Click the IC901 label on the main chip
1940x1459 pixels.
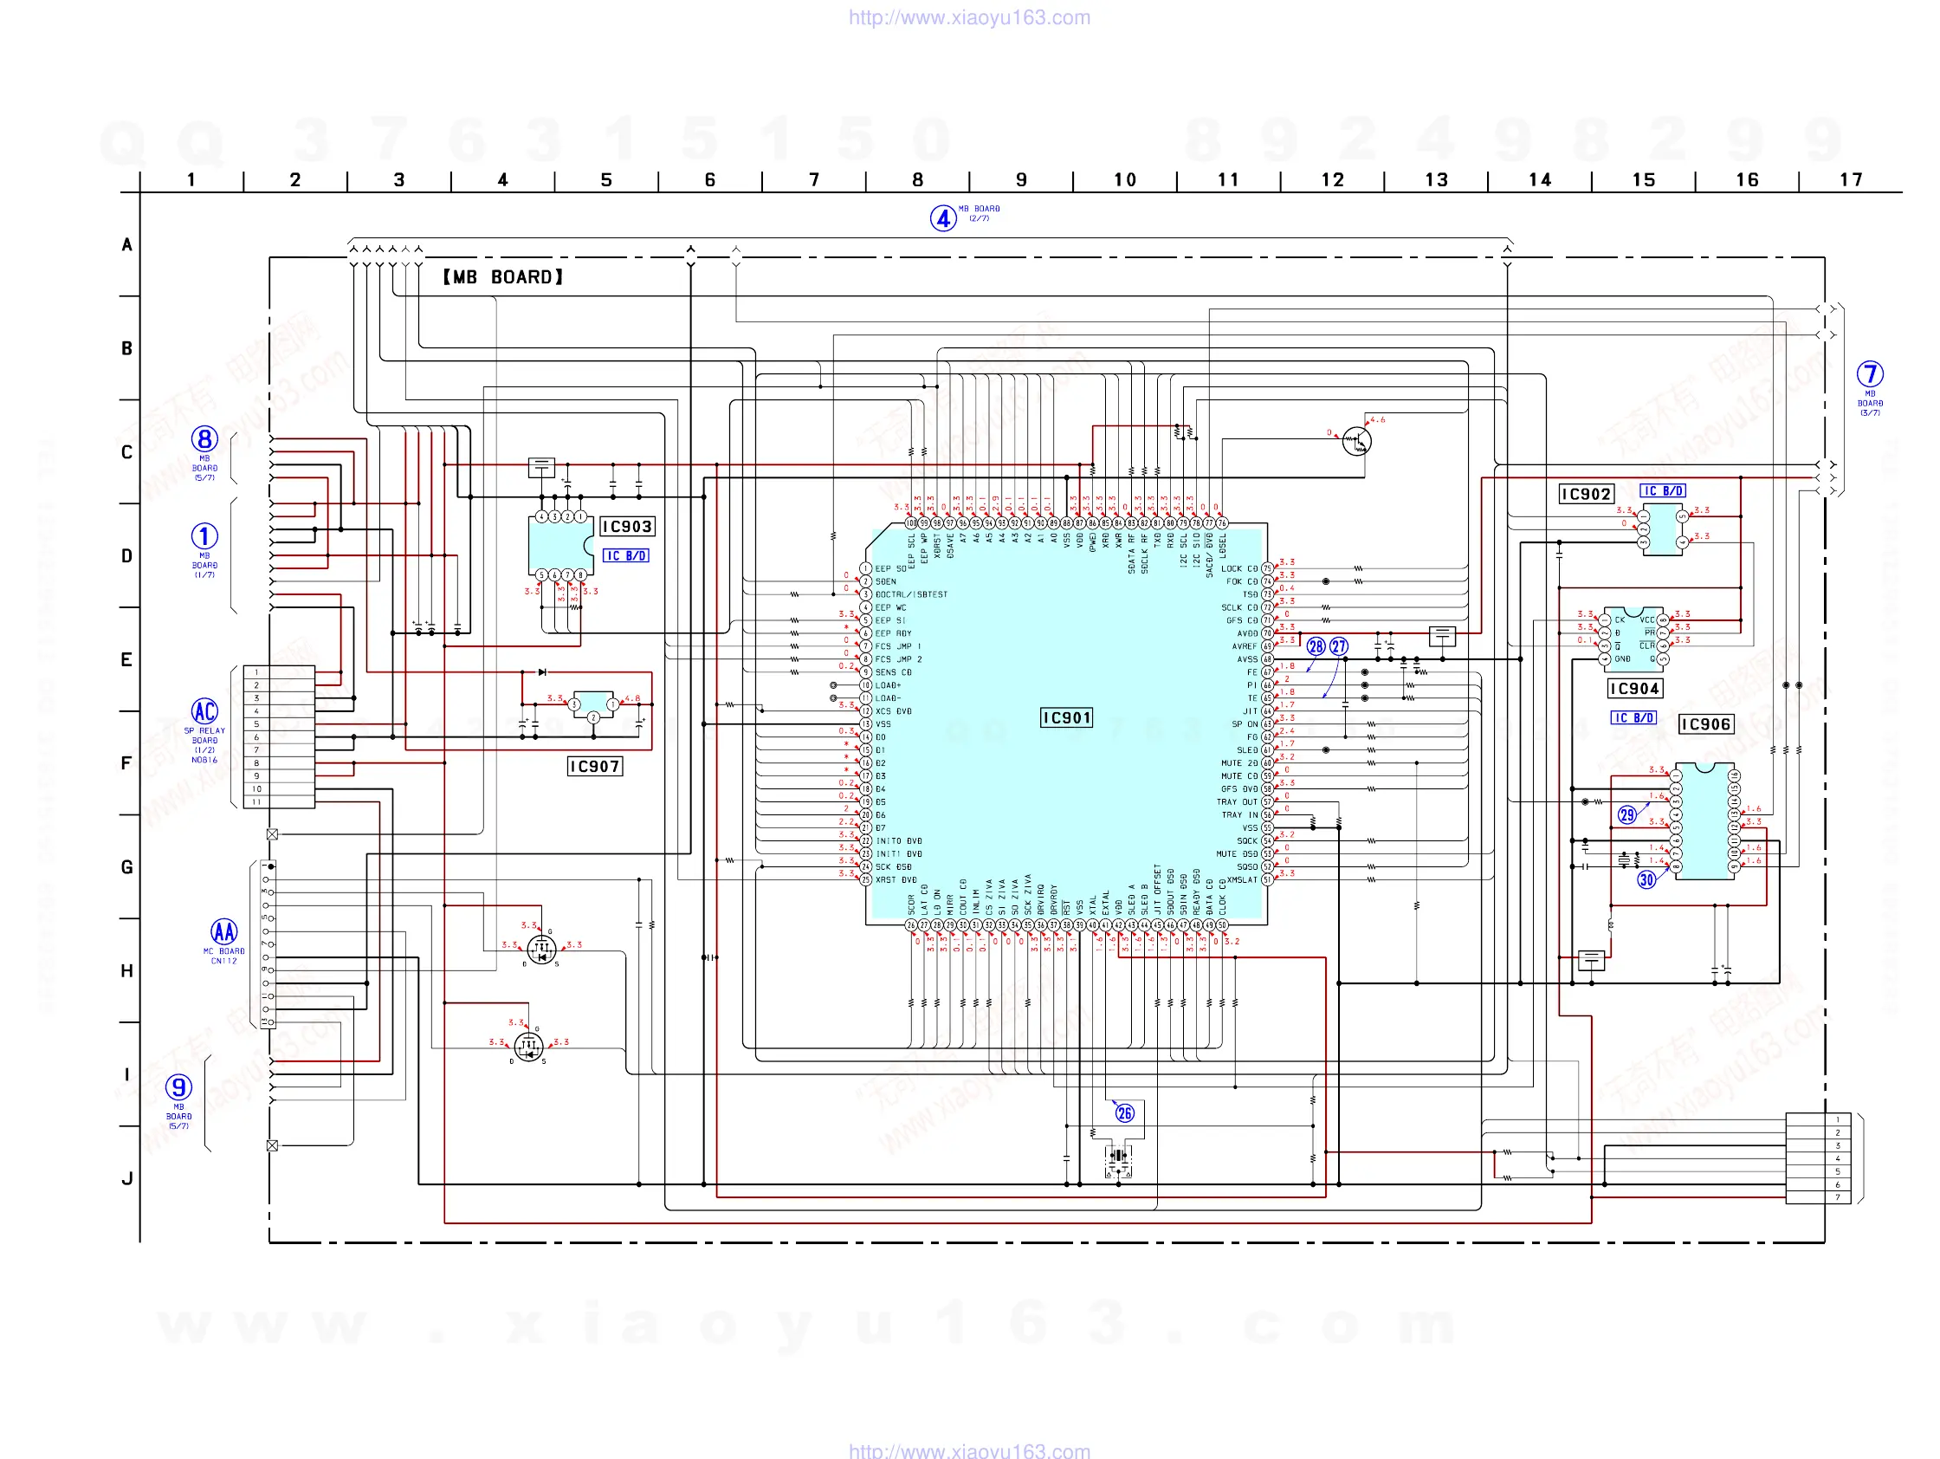[x=1066, y=717]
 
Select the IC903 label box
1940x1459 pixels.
[x=626, y=527]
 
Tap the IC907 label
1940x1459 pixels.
[x=595, y=767]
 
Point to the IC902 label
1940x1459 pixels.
[x=1586, y=494]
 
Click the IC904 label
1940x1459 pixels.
[x=1635, y=689]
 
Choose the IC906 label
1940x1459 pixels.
[x=1705, y=724]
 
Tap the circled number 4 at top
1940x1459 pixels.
[x=943, y=218]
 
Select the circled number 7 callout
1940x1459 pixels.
[x=1870, y=374]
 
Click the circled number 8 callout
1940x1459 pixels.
[x=204, y=439]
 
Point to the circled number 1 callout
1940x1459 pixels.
[x=204, y=536]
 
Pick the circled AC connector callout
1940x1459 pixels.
[x=204, y=711]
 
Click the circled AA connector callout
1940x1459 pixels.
[x=223, y=931]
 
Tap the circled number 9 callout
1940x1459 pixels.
[x=179, y=1088]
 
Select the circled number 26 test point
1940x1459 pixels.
[x=1124, y=1113]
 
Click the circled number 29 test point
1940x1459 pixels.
[x=1626, y=815]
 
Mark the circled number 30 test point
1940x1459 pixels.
[x=1646, y=880]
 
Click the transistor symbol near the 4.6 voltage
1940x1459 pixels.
[x=1357, y=441]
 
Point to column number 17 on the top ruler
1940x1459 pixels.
[x=1851, y=180]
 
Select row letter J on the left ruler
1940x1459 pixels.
[x=127, y=1178]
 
